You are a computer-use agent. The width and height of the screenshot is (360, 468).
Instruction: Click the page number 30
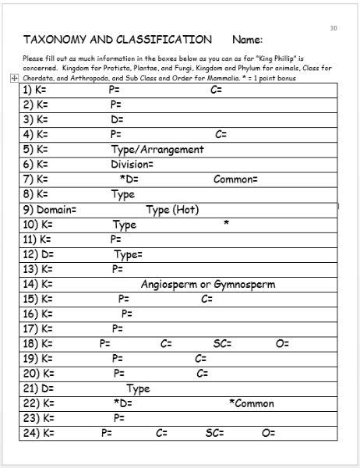[334, 28]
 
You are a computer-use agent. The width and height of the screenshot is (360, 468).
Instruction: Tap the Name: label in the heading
[247, 40]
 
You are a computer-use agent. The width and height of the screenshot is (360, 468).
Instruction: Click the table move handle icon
[14, 78]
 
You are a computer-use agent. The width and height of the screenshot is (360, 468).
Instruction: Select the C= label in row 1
[217, 90]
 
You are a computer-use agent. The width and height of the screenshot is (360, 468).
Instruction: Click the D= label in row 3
[117, 119]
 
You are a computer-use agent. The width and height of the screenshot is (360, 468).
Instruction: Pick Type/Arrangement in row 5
[157, 149]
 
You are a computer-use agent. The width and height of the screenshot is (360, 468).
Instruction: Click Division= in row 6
[132, 165]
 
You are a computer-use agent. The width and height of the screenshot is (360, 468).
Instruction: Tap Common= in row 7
[235, 179]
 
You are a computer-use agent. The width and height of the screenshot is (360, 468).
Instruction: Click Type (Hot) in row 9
[172, 210]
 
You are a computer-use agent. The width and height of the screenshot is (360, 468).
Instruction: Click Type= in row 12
[129, 254]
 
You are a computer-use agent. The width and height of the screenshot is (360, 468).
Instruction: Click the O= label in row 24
[269, 434]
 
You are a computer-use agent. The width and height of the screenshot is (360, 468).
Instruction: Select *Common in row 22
[252, 404]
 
